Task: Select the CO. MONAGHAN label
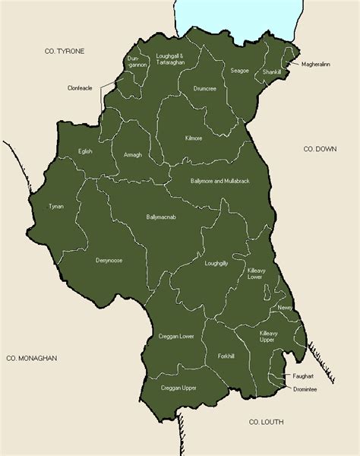[x=32, y=357]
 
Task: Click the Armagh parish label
[x=133, y=155]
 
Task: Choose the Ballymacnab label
[x=162, y=217]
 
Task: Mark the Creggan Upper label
[x=178, y=388]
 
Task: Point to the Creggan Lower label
[x=176, y=336]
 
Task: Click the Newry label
[x=285, y=307]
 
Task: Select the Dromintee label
[x=305, y=389]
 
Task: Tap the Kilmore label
[x=194, y=139]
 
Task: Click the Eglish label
[x=85, y=151]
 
